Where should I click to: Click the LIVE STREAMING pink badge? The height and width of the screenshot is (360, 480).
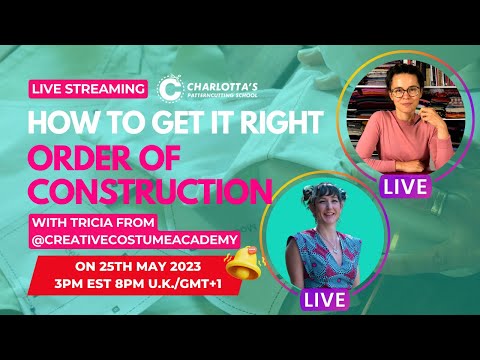click(x=89, y=89)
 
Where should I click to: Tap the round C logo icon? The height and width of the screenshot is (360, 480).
click(x=170, y=89)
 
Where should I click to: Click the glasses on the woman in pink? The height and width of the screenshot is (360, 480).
click(x=405, y=91)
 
